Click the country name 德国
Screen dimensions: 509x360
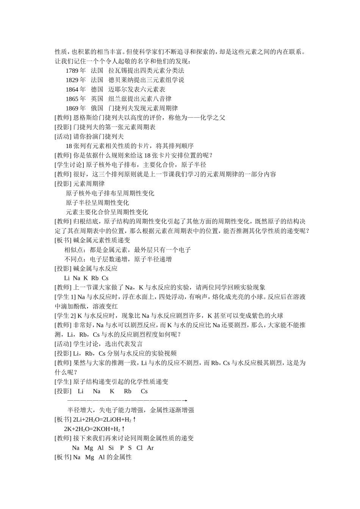(x=97, y=89)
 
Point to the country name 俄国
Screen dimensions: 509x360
(x=97, y=108)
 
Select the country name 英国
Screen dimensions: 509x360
(x=97, y=99)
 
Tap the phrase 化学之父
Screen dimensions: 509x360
(x=213, y=118)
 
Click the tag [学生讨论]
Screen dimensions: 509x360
(x=69, y=165)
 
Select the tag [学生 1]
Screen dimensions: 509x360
(x=65, y=297)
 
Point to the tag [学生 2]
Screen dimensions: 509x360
(x=65, y=315)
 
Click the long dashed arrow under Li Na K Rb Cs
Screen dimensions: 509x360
(x=127, y=400)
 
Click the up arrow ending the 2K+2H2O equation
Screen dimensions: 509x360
(x=123, y=429)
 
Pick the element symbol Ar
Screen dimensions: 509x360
(x=150, y=448)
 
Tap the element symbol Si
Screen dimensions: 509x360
(x=111, y=448)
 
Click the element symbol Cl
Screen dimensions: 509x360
(x=139, y=448)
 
